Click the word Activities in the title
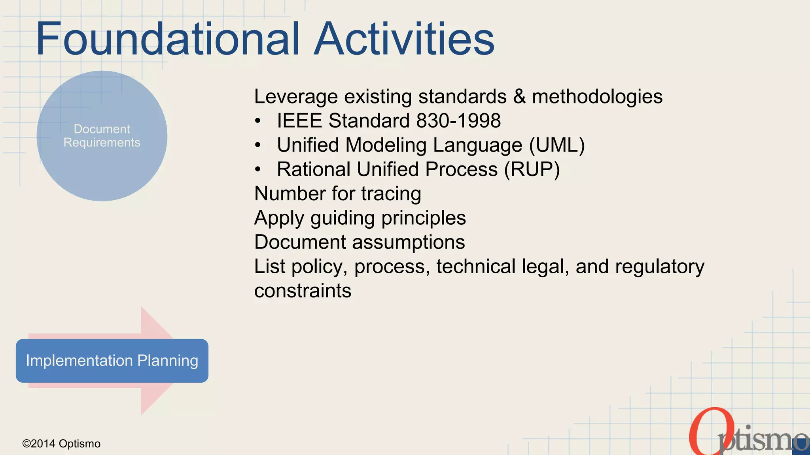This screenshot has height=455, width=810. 404,39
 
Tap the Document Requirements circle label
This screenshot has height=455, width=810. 102,135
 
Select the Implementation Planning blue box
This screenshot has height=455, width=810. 112,361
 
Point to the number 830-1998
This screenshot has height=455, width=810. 458,120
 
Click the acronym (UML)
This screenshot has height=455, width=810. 557,145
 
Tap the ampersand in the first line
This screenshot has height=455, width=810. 519,97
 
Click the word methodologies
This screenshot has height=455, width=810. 597,97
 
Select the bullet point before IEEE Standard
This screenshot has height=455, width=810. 258,121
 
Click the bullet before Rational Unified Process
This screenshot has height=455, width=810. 258,170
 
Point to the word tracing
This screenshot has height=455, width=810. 391,194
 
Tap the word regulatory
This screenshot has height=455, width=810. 659,267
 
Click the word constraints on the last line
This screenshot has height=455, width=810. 303,291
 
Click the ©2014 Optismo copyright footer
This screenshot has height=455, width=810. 61,444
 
